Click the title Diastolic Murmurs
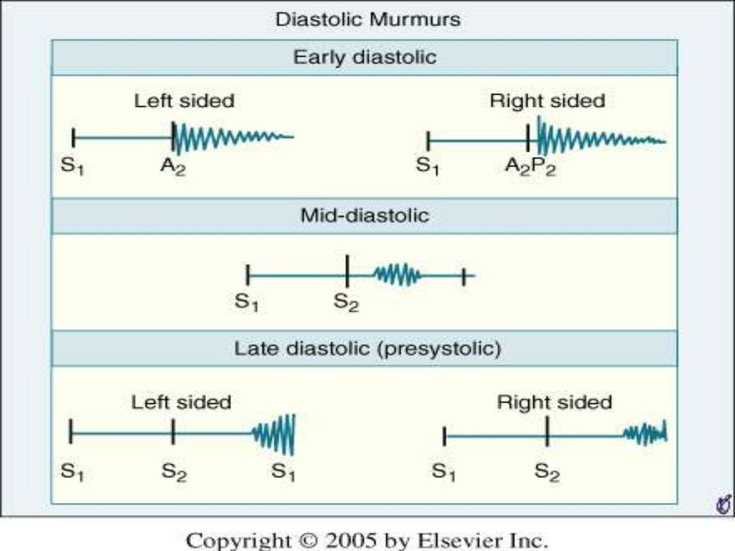pos(367,19)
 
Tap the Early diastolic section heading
pos(365,57)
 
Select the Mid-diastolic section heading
pos(365,215)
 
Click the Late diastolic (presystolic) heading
pos(367,349)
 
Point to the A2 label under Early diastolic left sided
pos(173,168)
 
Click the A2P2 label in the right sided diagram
pos(530,168)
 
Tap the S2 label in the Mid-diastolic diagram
pos(346,303)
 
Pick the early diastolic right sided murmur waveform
pos(599,137)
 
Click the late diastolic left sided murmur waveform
pos(275,434)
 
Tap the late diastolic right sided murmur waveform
pos(645,433)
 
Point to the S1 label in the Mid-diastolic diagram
pos(246,303)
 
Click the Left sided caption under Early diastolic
pos(184,101)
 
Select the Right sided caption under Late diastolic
pos(554,402)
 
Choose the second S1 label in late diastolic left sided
pos(284,472)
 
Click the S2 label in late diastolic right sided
pos(547,472)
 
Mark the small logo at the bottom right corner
pos(723,505)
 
